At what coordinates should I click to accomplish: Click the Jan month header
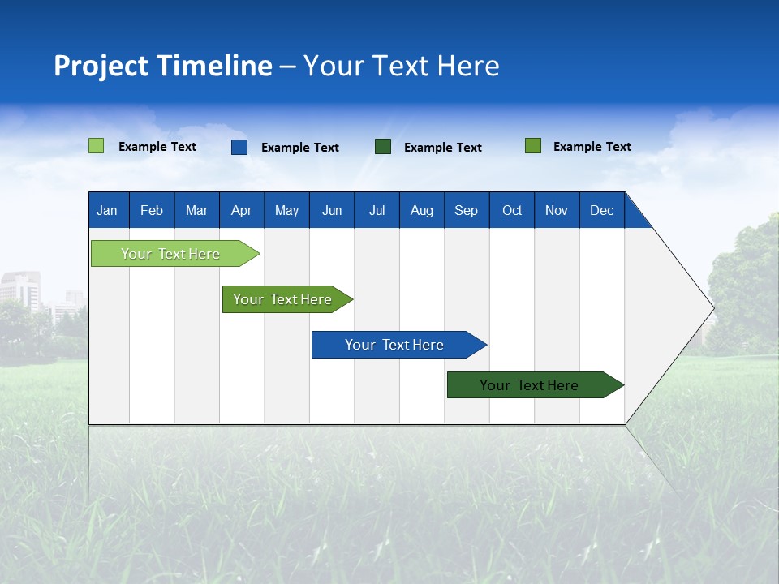107,210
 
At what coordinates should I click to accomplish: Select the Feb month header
152,210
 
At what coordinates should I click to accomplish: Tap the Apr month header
241,210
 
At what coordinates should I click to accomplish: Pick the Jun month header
332,210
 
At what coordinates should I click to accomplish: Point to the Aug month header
421,210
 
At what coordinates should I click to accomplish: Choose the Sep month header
466,210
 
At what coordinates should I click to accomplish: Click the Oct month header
512,210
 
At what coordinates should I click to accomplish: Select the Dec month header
601,210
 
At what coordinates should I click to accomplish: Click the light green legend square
97,146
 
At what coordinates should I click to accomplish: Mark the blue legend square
239,147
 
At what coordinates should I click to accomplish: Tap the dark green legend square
383,147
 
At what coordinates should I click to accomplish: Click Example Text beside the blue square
300,148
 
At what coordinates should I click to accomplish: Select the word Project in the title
101,66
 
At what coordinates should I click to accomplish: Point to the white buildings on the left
20,292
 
